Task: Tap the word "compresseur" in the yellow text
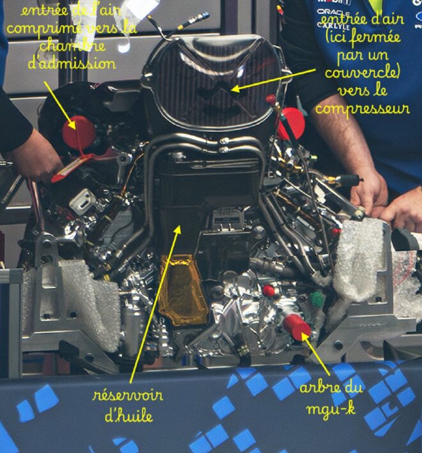coord(362,109)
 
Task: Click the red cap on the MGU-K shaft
coord(297,326)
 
